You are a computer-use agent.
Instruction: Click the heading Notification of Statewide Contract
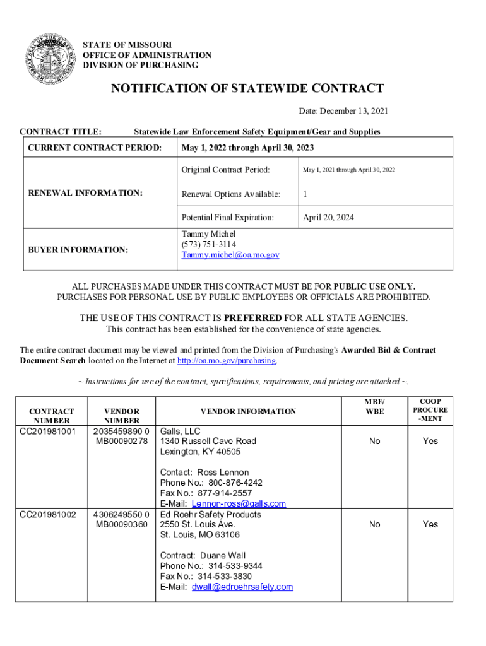pos(247,88)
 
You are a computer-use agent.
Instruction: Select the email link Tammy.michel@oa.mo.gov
pos(230,255)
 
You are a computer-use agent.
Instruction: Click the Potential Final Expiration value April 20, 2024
pos(328,217)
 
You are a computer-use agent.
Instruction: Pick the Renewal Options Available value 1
pos(305,194)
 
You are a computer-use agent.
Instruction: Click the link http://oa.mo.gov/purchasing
pos(227,360)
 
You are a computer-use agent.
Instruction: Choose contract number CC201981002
pos(47,514)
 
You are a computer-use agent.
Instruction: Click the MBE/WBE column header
pos(374,407)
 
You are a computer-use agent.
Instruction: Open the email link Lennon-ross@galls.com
pos(239,503)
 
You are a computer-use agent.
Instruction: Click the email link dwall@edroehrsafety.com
pos(242,587)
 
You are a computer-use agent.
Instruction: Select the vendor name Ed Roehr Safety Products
pos(210,514)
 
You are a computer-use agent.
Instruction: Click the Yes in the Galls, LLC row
pos(430,441)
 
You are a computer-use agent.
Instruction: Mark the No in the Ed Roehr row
pos(374,524)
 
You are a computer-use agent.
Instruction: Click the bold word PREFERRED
pos(252,318)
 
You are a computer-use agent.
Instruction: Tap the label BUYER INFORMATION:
pos(78,250)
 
